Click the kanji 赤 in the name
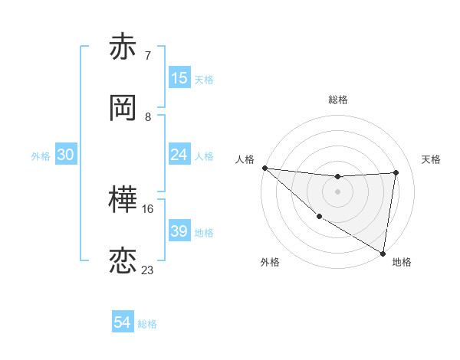point(123,47)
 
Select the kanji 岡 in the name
point(123,109)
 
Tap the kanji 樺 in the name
point(123,201)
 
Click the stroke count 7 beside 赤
point(148,55)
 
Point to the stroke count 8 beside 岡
point(148,116)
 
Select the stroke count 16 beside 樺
point(148,208)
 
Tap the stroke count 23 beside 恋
point(148,270)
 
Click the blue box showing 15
point(179,78)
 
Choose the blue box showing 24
point(179,155)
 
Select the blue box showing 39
point(179,231)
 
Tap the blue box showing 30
point(66,155)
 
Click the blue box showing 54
point(123,323)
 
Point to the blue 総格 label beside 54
point(147,324)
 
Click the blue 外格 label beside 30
point(41,155)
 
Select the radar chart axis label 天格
point(432,159)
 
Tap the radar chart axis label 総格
point(338,100)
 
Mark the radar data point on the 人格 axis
point(264,168)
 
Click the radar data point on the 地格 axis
point(383,252)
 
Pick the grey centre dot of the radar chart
point(337,191)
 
